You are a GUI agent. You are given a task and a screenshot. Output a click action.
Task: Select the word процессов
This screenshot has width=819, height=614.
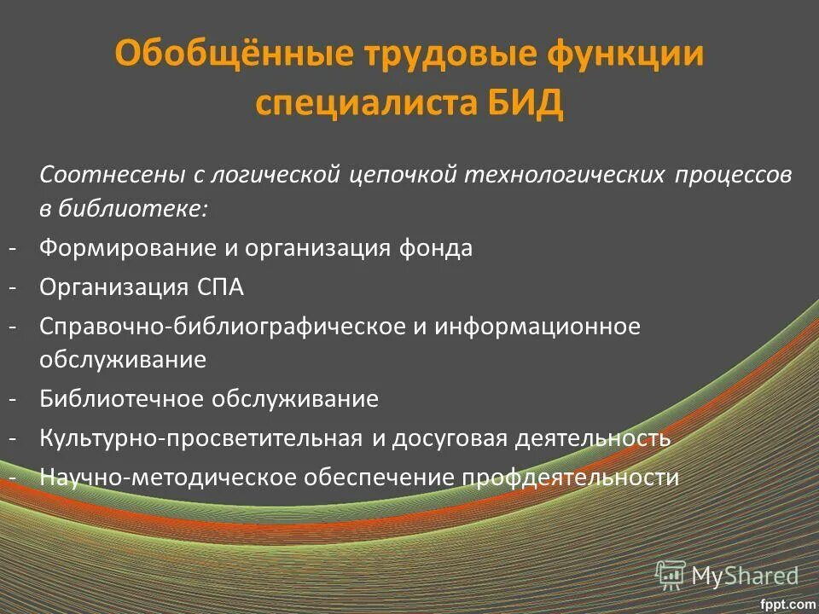click(734, 175)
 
